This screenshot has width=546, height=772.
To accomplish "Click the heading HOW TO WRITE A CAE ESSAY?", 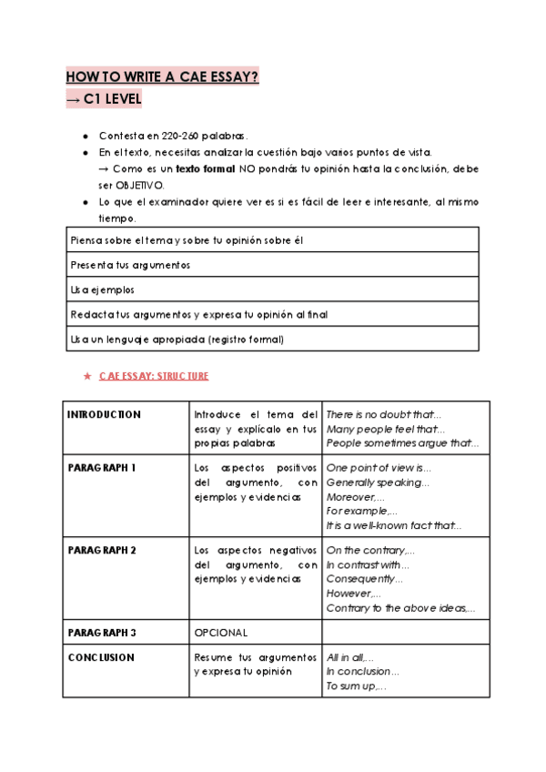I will [163, 77].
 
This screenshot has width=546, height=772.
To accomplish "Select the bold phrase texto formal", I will [201, 169].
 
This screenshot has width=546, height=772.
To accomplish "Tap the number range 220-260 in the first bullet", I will [181, 136].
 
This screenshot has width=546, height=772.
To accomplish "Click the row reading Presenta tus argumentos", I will [129, 265].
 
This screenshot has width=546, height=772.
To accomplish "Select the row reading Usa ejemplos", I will [102, 289].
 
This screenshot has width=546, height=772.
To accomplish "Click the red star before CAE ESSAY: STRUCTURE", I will [86, 375].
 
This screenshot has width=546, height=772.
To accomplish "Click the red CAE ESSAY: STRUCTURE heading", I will [154, 375].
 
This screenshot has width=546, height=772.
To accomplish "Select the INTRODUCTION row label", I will [104, 414].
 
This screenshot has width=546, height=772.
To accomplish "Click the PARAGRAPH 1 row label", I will [102, 467].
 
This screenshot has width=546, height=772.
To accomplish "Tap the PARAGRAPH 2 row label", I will [102, 550].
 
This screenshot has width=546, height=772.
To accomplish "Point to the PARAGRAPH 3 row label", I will [102, 632].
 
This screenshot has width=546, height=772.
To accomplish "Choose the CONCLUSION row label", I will [101, 657].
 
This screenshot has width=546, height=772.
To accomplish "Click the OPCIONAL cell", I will [221, 632].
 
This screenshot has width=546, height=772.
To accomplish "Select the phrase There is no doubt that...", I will [383, 414].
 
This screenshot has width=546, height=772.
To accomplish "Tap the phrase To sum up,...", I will [356, 686].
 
